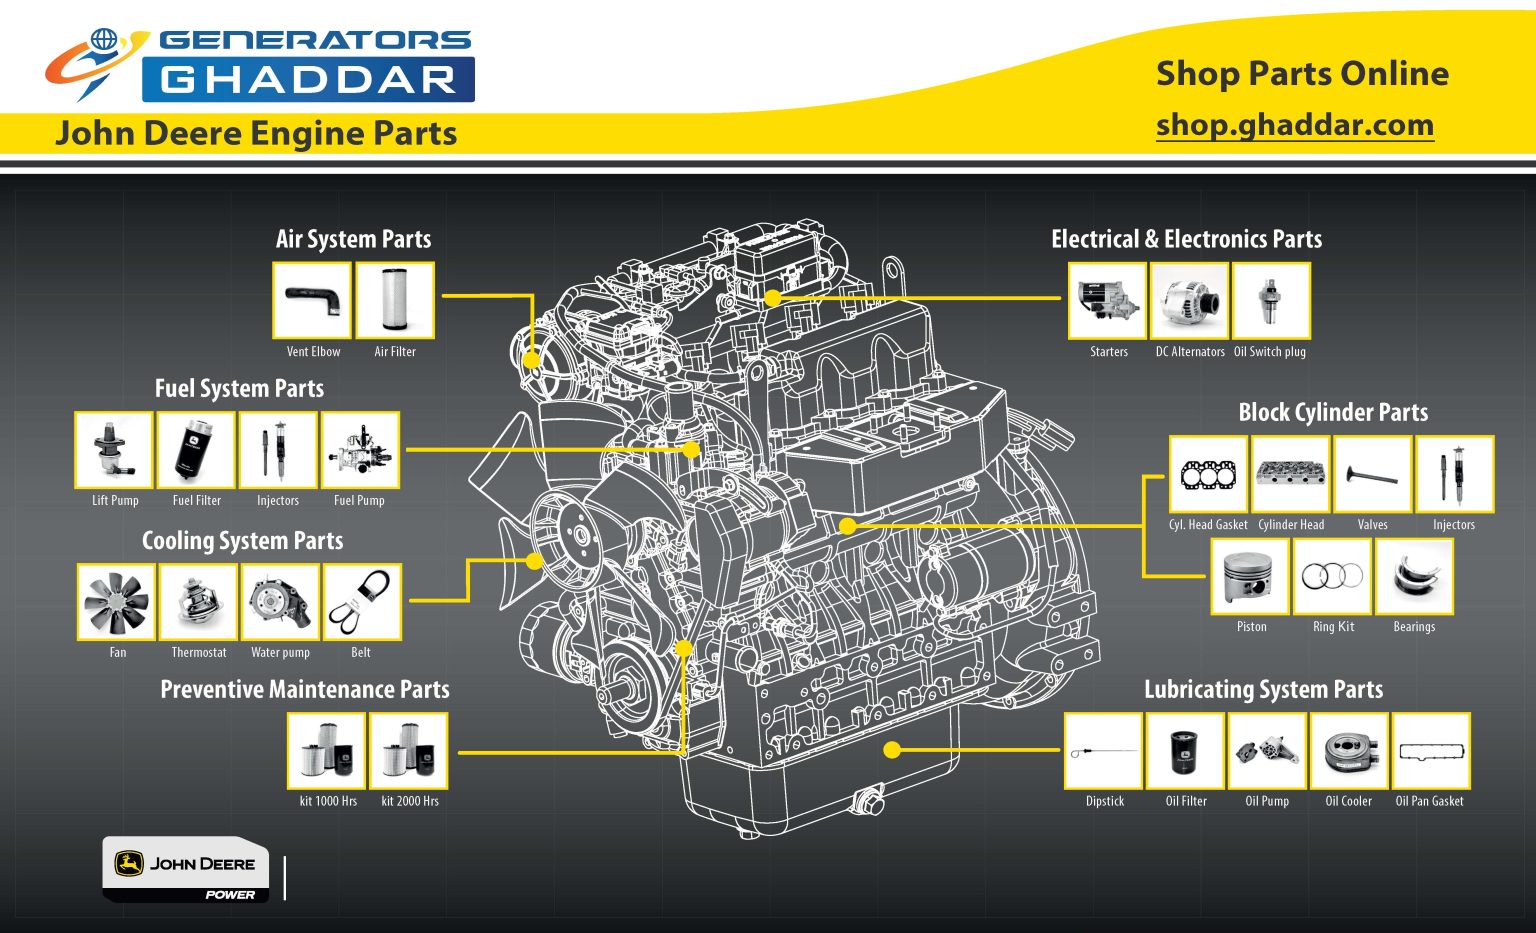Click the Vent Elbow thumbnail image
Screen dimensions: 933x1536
(312, 300)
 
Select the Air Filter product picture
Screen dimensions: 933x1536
(395, 300)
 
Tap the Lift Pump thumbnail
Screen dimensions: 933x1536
(114, 450)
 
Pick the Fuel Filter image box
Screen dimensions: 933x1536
(196, 450)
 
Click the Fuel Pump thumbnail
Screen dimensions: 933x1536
(360, 450)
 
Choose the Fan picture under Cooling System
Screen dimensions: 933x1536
(117, 602)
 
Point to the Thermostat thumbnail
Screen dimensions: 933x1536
(198, 602)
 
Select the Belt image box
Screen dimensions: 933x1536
(362, 602)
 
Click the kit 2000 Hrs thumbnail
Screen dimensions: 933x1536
(409, 751)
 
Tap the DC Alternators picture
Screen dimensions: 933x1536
(1189, 300)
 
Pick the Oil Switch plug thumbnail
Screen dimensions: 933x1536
(1271, 300)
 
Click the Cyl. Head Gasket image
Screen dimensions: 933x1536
(1208, 474)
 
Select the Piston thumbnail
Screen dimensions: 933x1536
(1250, 576)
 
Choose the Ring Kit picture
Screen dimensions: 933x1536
(1332, 576)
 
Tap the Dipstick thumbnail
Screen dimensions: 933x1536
(1103, 751)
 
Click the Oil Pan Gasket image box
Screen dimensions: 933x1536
(1431, 751)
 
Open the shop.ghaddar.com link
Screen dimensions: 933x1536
(1295, 125)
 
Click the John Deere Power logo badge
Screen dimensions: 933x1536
(186, 869)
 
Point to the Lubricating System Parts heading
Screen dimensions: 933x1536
(1263, 689)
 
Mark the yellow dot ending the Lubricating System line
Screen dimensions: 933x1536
(893, 750)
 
